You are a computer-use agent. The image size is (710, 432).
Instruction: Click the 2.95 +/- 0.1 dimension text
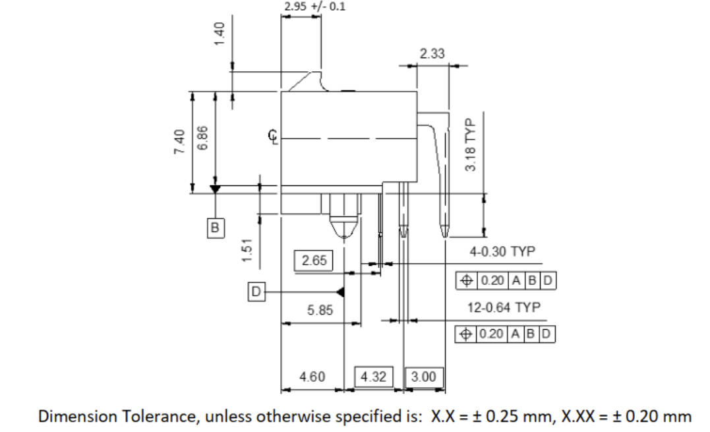tap(314, 7)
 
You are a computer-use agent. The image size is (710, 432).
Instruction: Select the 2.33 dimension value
tap(432, 54)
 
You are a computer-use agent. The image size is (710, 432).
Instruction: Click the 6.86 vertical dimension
tap(202, 138)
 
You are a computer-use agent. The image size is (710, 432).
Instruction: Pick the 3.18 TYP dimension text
tap(470, 145)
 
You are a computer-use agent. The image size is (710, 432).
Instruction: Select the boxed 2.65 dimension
tap(314, 261)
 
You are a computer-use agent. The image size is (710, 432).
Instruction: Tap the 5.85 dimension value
tap(320, 310)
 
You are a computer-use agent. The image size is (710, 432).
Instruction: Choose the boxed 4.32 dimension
tap(374, 377)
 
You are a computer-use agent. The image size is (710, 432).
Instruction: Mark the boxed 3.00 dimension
tap(423, 377)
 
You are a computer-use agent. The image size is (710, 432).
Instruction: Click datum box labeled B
tap(214, 227)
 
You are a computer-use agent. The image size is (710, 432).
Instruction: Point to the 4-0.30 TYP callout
tap(502, 252)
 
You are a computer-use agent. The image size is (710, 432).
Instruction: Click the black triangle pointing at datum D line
tap(341, 291)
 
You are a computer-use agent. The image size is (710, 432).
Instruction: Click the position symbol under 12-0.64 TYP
tap(466, 334)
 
